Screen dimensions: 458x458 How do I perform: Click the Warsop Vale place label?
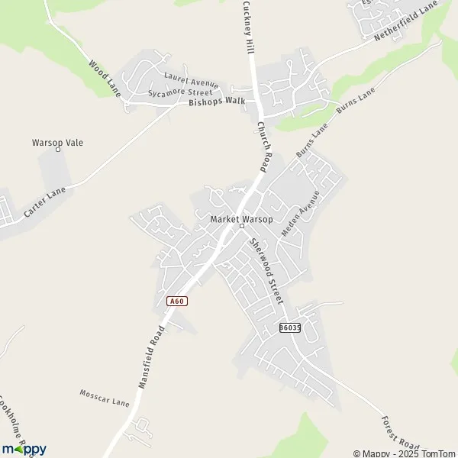click(x=57, y=142)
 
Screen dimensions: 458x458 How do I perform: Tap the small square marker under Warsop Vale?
click(x=58, y=150)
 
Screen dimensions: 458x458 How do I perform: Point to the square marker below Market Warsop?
click(x=241, y=226)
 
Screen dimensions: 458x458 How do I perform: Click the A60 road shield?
click(x=177, y=301)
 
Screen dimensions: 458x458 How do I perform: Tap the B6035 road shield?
click(x=290, y=327)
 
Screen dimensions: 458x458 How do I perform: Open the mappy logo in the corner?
click(x=24, y=449)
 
